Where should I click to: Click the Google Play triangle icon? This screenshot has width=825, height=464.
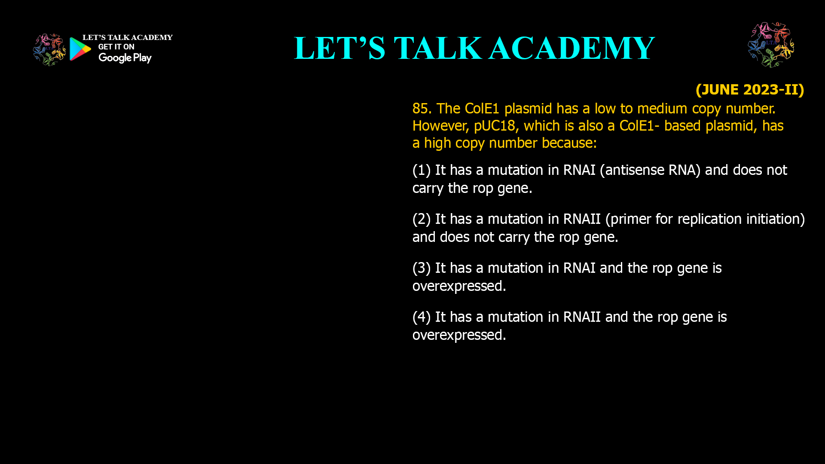[80, 49]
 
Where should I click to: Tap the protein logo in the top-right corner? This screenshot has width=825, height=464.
[771, 45]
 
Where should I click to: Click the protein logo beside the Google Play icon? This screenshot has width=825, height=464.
[49, 50]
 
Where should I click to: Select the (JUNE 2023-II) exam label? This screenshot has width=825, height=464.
[750, 89]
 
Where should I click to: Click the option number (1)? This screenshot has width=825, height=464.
[422, 170]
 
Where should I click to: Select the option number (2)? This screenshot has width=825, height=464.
[422, 219]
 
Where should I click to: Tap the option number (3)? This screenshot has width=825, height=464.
[422, 268]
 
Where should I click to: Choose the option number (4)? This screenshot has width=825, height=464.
[422, 317]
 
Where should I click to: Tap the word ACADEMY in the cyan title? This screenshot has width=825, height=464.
[572, 48]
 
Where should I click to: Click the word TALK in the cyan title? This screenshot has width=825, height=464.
[438, 48]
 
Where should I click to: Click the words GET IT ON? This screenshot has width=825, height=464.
[116, 47]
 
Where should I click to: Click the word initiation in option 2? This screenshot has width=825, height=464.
[771, 219]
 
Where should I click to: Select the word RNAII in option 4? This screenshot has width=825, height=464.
[582, 317]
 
